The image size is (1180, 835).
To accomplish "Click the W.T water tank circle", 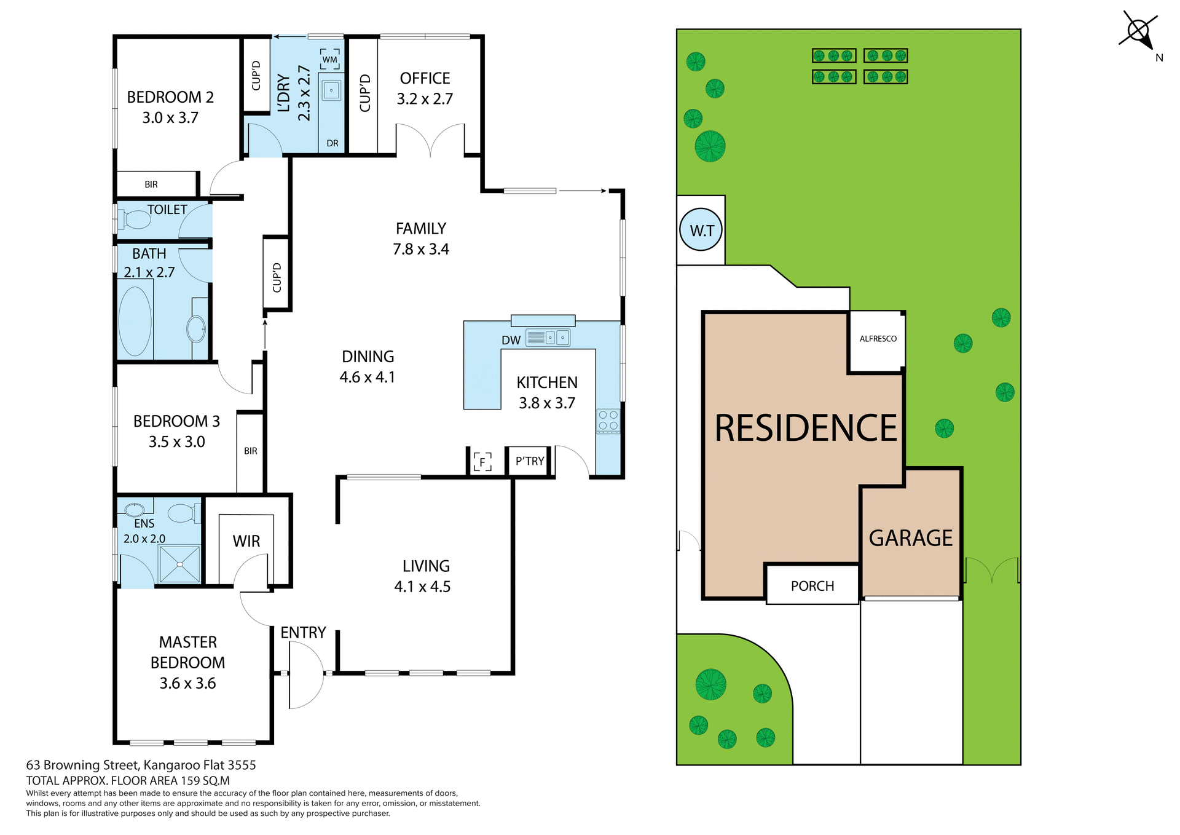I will [x=701, y=231].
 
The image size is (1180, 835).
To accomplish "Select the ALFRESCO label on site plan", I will [x=878, y=339].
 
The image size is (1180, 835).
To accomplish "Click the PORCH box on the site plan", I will [x=812, y=585].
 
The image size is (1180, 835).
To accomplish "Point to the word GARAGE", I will [x=910, y=538].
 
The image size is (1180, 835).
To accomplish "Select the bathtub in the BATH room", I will [x=135, y=322].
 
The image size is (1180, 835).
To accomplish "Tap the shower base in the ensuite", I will [x=179, y=564].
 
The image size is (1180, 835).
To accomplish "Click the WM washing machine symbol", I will [x=330, y=60].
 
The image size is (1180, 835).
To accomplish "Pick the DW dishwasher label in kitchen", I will [x=511, y=340].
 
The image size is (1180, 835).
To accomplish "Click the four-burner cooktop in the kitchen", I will [x=608, y=421].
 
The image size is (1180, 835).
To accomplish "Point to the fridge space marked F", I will [x=482, y=461].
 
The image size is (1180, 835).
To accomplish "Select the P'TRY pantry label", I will [x=530, y=461].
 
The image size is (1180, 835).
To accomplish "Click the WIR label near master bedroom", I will [x=246, y=541].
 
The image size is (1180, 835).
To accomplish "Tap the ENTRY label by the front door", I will [x=303, y=633].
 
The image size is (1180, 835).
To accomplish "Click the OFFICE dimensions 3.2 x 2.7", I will [x=425, y=99].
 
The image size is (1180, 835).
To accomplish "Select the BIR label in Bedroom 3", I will [x=250, y=451].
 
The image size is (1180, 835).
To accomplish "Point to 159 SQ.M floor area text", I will [x=205, y=781].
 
